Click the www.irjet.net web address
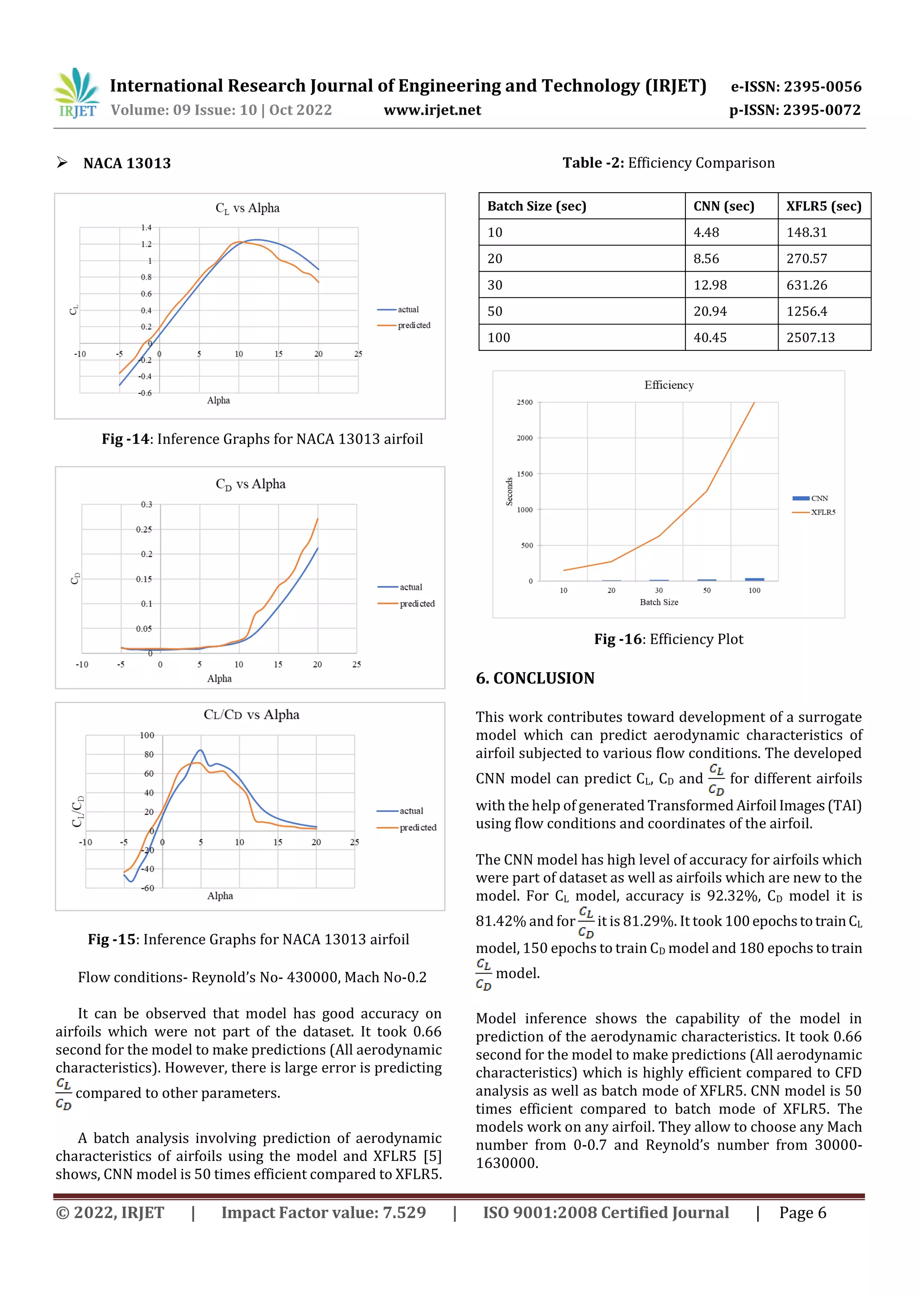[432, 110]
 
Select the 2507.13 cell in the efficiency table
[810, 337]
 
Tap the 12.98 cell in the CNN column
[710, 285]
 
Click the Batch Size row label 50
[495, 311]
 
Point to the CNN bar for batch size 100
[754, 579]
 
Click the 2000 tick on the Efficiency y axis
[524, 438]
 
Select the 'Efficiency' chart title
[669, 385]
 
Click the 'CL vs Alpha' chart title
[247, 208]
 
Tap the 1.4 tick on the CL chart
[146, 228]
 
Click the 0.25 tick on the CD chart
[144, 530]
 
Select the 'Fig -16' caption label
[618, 639]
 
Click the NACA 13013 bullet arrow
[62, 163]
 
